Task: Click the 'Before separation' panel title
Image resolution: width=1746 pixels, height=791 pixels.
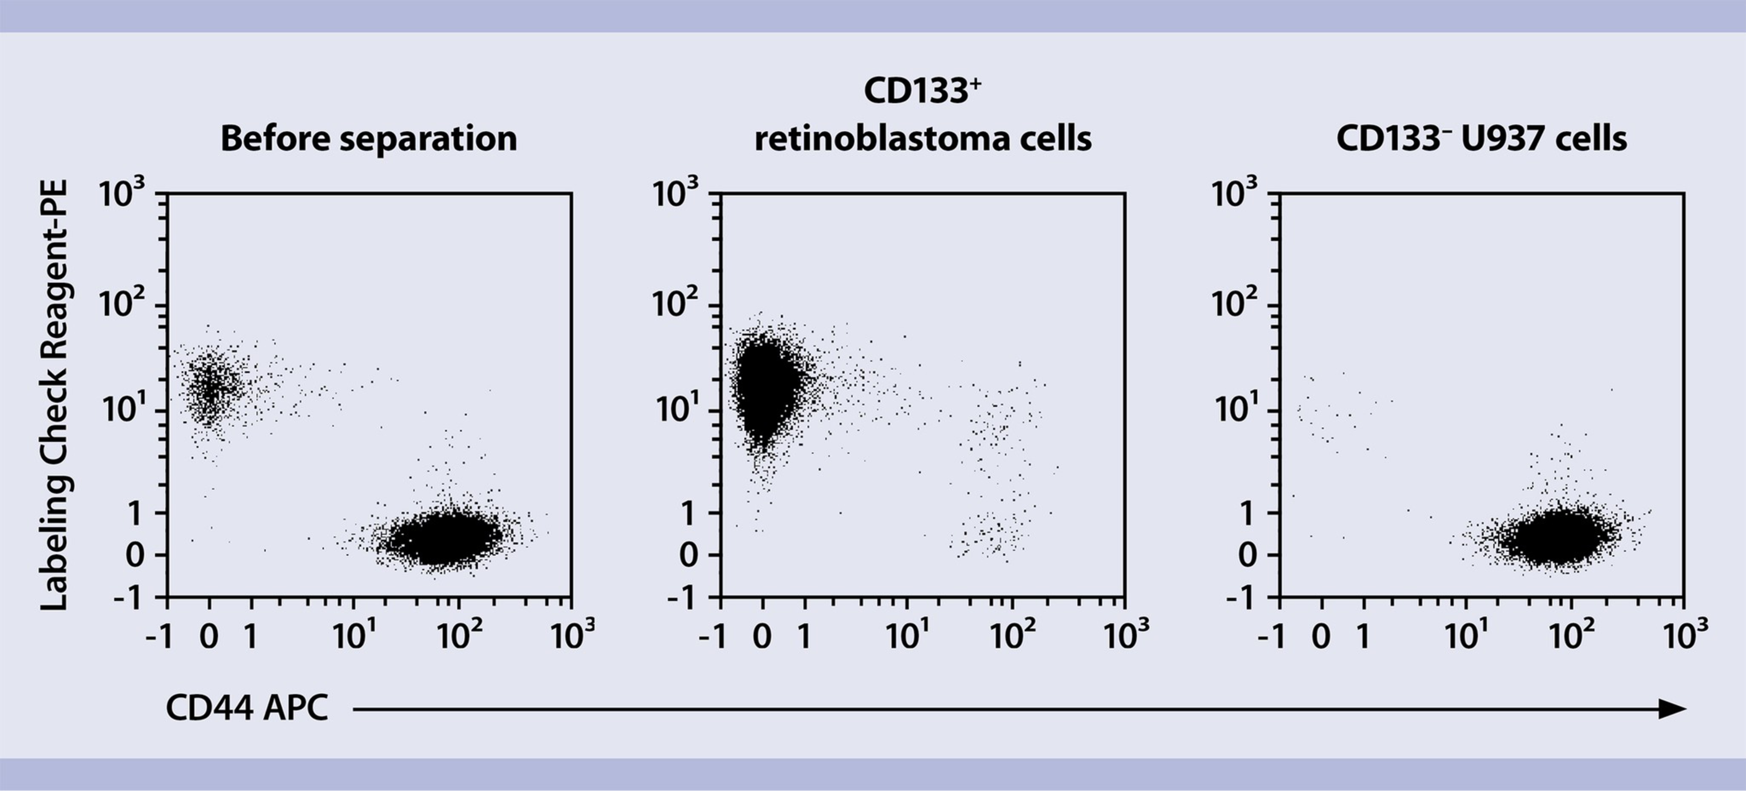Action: (369, 138)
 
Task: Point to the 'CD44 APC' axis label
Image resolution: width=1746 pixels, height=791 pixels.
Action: (247, 708)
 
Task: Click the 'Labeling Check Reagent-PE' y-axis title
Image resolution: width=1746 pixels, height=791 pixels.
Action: (54, 395)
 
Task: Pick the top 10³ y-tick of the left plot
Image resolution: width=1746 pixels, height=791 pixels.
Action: (122, 194)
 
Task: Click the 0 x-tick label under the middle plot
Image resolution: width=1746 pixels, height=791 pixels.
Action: (763, 636)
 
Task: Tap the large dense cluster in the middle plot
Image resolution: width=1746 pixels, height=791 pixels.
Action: (765, 387)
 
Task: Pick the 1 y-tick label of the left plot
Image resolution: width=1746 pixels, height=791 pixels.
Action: (135, 514)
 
